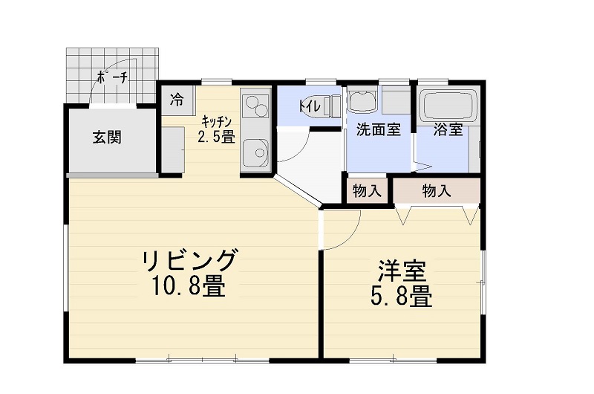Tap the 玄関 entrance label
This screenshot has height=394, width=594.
click(x=107, y=138)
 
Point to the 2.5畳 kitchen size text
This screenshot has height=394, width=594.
click(x=216, y=137)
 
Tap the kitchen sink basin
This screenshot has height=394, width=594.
click(x=255, y=153)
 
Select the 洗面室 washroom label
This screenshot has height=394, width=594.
click(x=379, y=129)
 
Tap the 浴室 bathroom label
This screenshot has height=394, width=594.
click(x=448, y=129)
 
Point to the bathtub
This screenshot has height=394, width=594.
click(x=448, y=105)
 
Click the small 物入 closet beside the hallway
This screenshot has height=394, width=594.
click(x=367, y=190)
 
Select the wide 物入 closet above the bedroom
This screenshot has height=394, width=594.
click(x=436, y=190)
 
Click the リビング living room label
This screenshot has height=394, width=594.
click(x=190, y=262)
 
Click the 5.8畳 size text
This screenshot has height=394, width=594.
click(x=401, y=297)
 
